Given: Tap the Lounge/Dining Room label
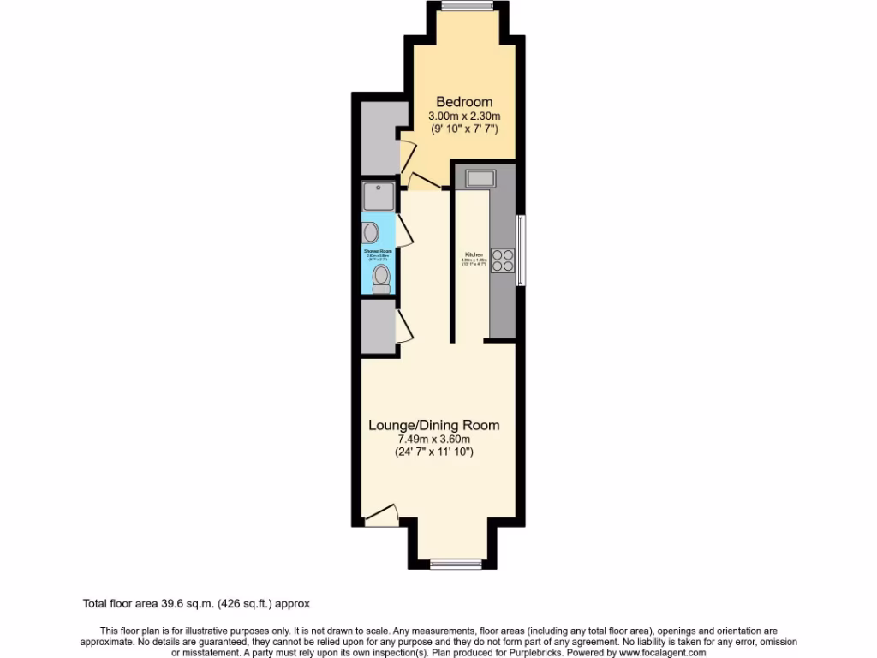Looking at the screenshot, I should (433, 425).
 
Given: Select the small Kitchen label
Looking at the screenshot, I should (474, 254).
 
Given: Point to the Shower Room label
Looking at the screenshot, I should (378, 251).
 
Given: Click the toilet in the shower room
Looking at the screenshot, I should (381, 278).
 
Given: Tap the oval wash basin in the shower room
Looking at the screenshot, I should (372, 231).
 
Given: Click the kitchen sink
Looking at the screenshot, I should (480, 178).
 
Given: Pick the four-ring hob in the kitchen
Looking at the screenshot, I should (503, 260).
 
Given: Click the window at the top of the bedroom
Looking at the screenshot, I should (468, 7).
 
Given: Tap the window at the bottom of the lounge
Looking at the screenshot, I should (454, 563).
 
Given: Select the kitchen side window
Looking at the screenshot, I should (522, 250).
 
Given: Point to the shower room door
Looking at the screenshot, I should (406, 231).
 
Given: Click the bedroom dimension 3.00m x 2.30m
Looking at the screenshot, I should (463, 116).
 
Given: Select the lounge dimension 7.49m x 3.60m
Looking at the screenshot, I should (433, 440).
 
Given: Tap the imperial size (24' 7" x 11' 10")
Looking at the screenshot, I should (433, 452).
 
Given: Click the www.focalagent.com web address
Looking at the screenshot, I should (658, 653).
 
